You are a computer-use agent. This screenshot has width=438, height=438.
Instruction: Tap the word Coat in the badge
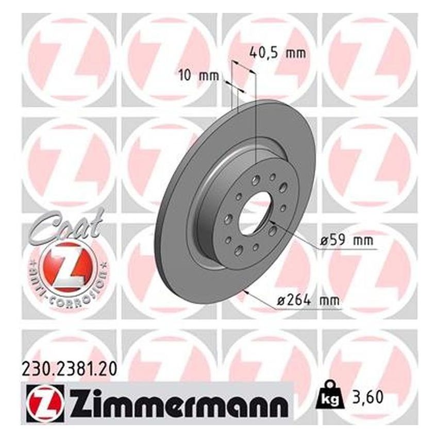61,230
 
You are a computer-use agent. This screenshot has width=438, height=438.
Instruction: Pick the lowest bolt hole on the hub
240,249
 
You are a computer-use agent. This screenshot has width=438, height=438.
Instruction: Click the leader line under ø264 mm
309,310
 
